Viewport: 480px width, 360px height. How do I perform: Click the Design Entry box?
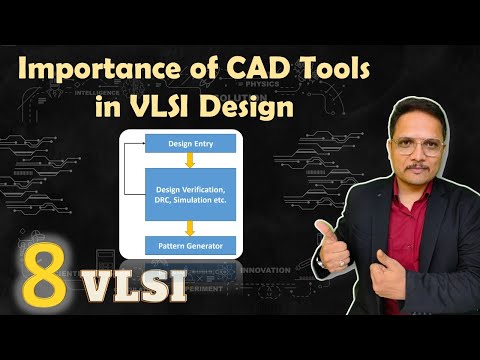click(190, 143)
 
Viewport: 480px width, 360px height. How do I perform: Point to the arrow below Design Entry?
click(190, 161)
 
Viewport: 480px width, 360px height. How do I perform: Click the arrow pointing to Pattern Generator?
click(190, 228)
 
